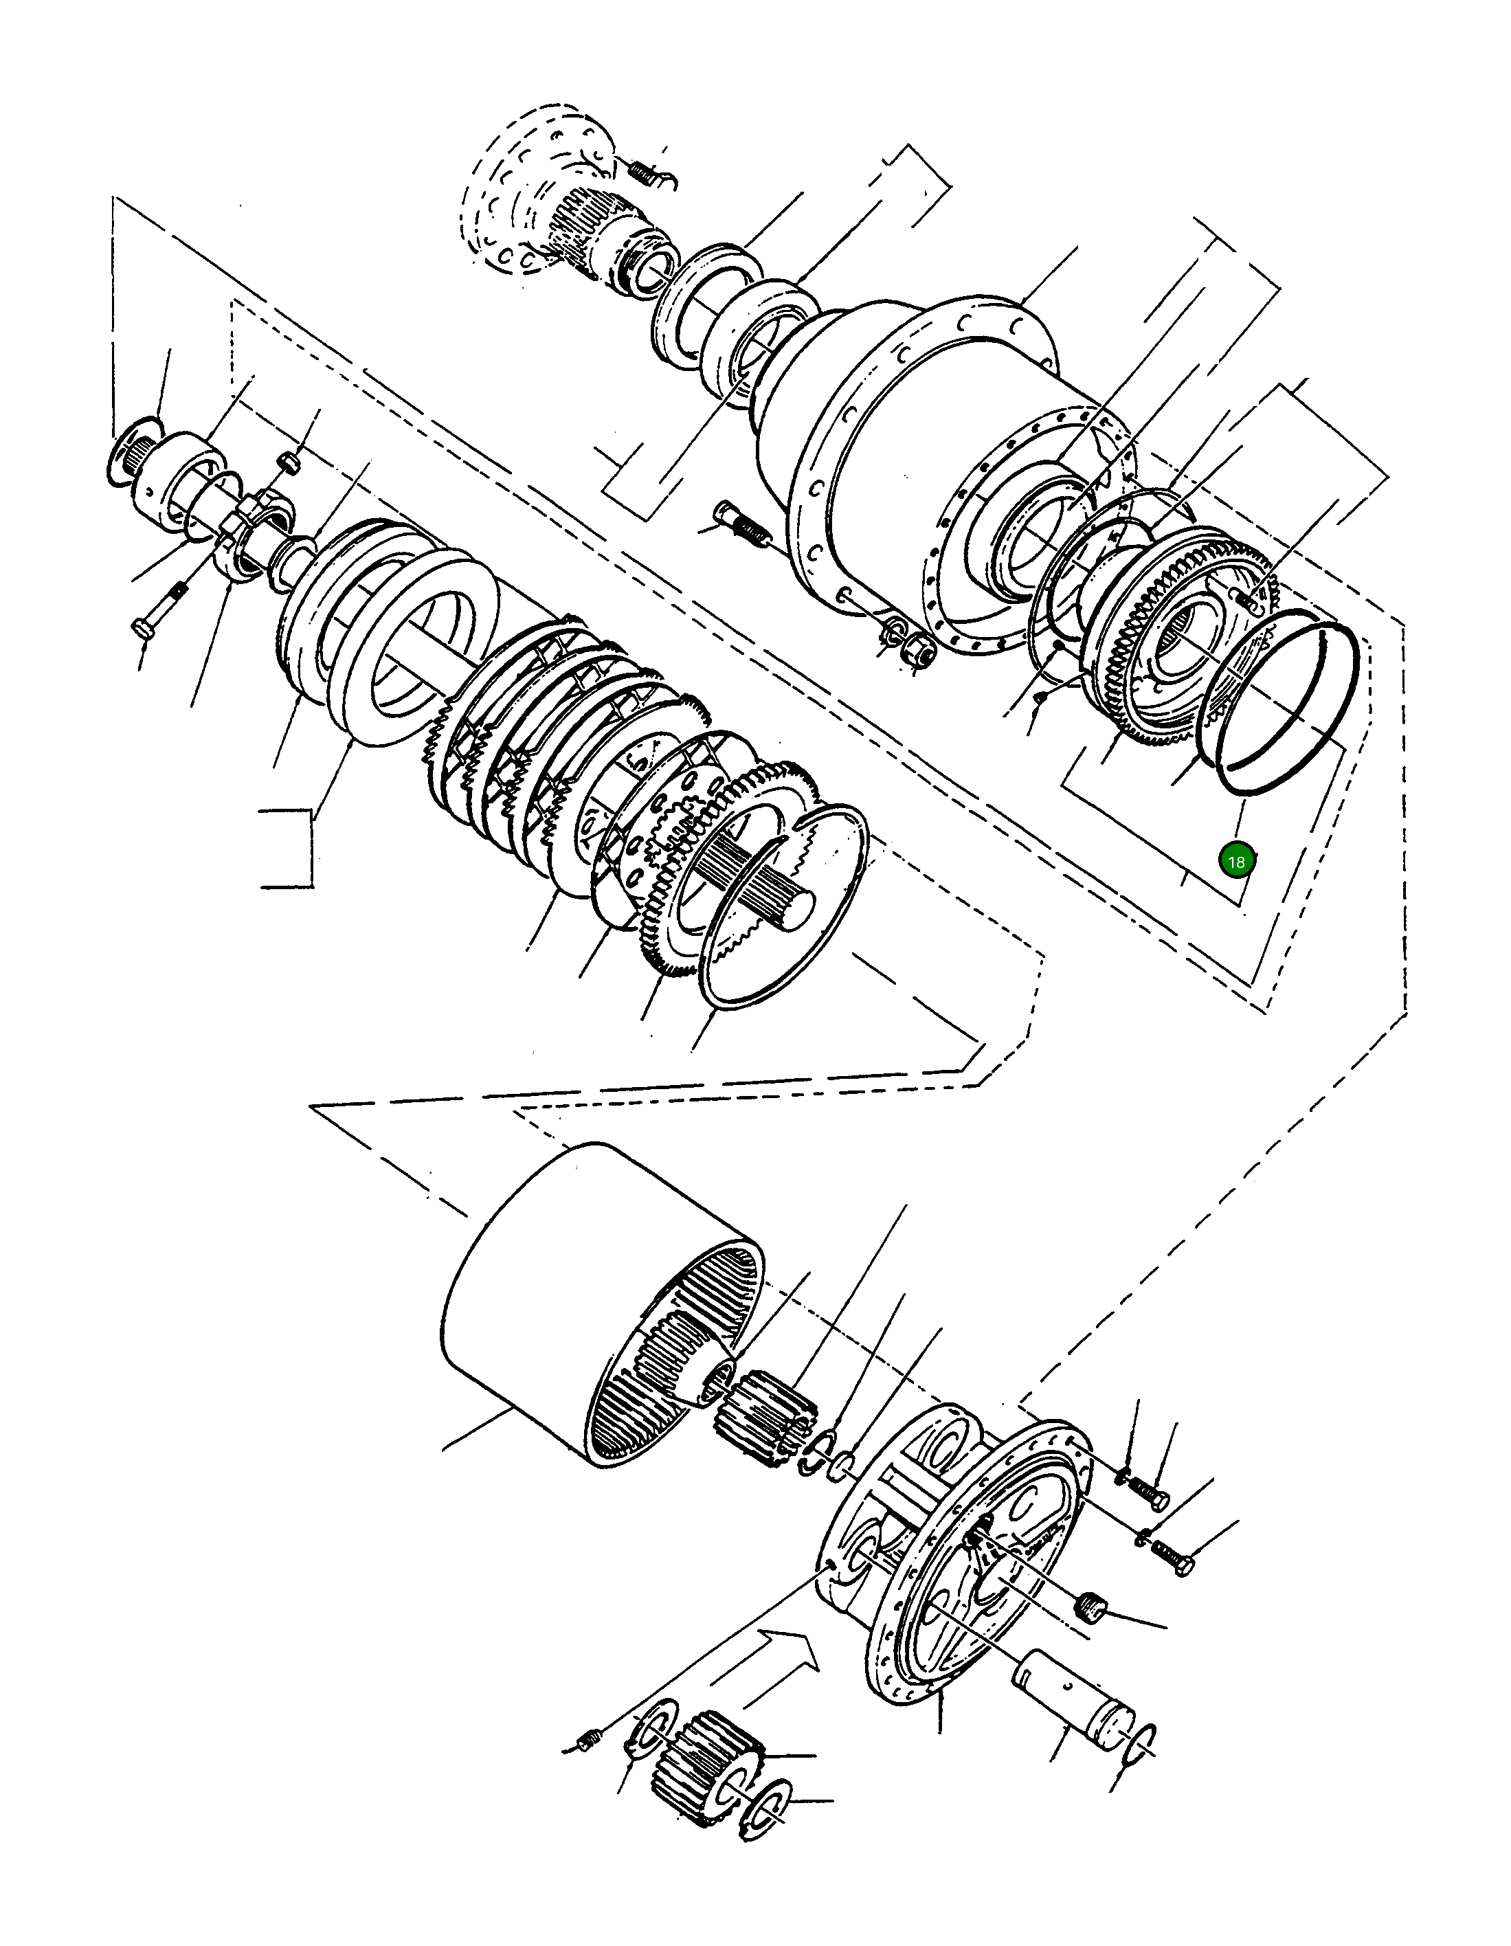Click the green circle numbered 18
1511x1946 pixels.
pyautogui.click(x=1235, y=862)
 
